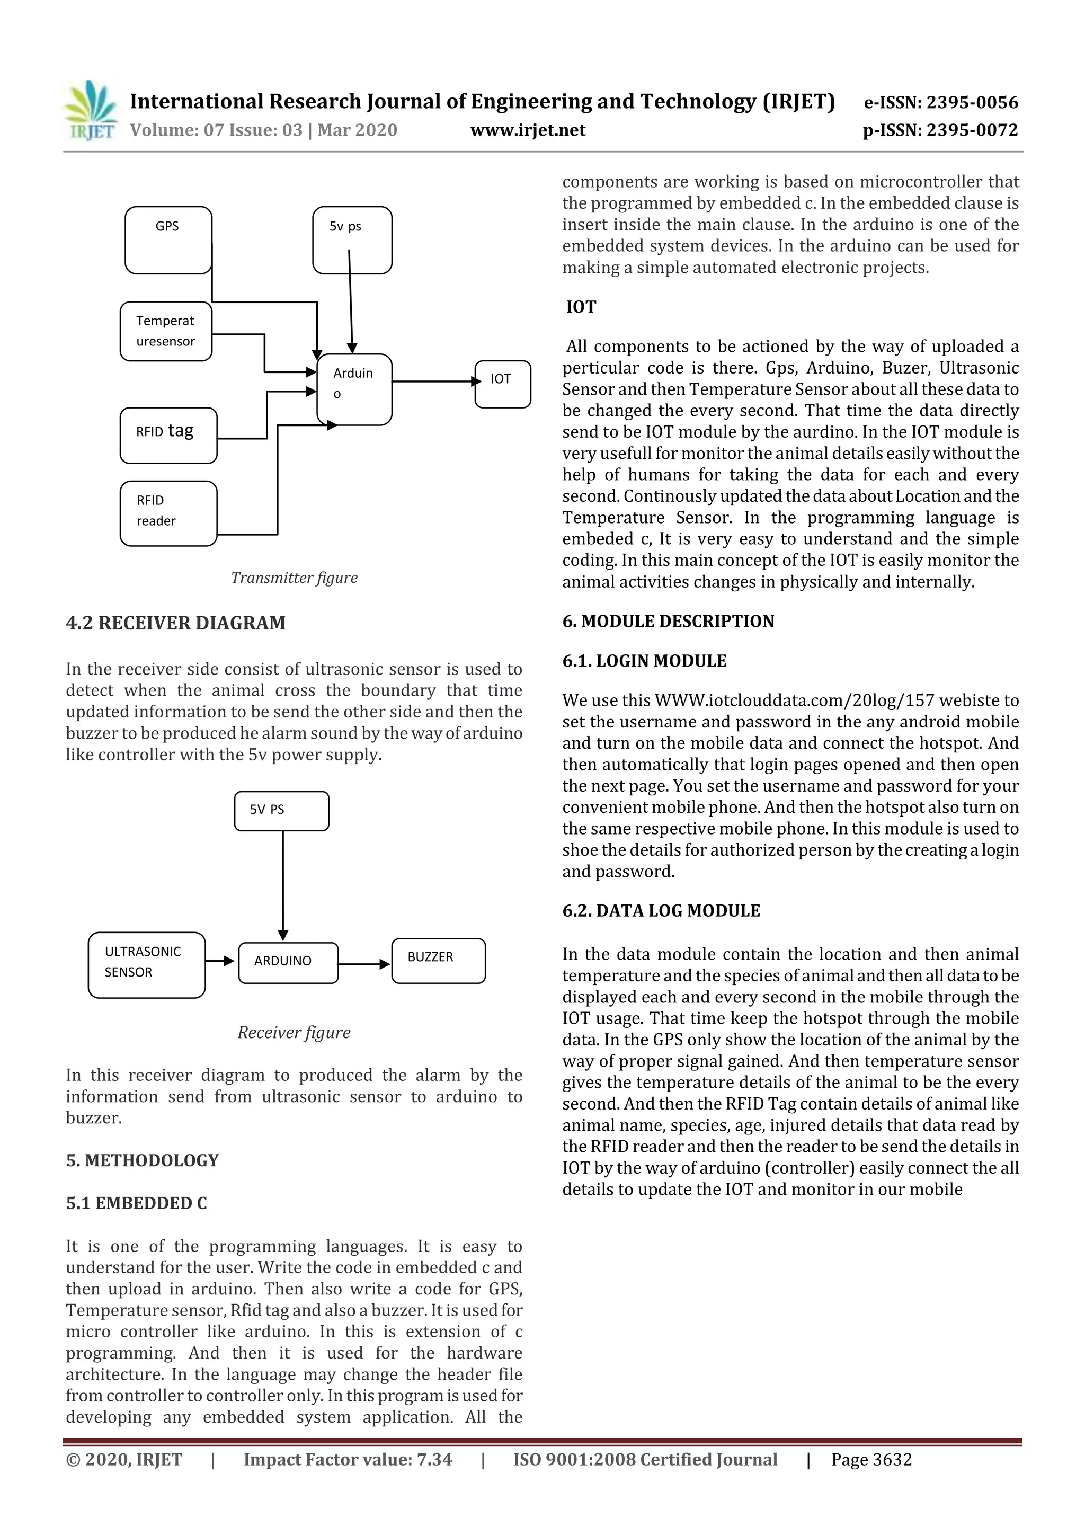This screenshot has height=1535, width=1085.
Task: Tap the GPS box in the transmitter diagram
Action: [x=168, y=240]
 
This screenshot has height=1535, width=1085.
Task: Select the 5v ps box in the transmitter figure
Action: [x=352, y=240]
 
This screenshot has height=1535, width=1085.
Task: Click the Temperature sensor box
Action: [x=166, y=331]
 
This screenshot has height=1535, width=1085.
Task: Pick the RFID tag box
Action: [x=168, y=435]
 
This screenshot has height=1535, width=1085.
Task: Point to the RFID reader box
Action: [x=168, y=513]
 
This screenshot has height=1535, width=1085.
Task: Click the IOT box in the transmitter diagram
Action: [x=503, y=384]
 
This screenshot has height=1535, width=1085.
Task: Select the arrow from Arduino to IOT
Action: [x=434, y=381]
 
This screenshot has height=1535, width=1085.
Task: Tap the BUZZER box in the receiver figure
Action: [x=439, y=961]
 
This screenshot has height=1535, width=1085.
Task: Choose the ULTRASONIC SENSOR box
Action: [x=146, y=965]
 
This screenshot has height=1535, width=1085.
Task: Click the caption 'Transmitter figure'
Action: [x=294, y=578]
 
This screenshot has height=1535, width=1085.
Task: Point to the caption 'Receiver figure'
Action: [x=294, y=1033]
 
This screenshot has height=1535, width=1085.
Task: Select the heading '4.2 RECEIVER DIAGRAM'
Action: [x=176, y=623]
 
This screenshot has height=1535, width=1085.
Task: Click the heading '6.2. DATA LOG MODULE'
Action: [x=661, y=911]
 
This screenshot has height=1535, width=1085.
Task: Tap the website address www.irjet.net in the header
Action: [x=528, y=130]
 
